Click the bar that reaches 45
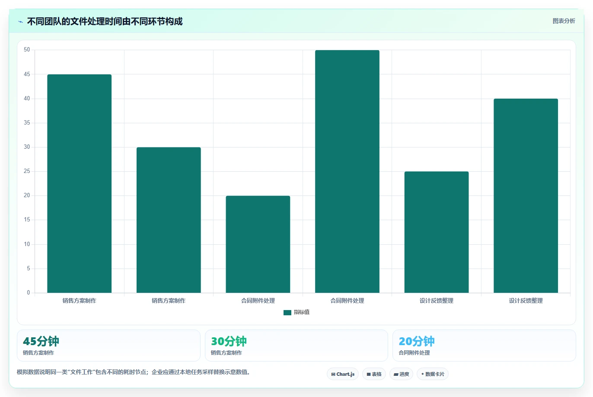pyautogui.click(x=80, y=183)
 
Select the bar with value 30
pyautogui.click(x=169, y=220)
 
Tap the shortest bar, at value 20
pyautogui.click(x=258, y=244)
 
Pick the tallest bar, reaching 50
pyautogui.click(x=347, y=171)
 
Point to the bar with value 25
pyautogui.click(x=437, y=232)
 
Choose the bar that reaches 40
pyautogui.click(x=526, y=196)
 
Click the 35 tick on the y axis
pyautogui.click(x=27, y=123)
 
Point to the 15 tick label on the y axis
pyautogui.click(x=27, y=220)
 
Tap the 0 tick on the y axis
pyautogui.click(x=29, y=292)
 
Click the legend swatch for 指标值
pyautogui.click(x=287, y=313)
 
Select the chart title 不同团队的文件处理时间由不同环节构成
pyautogui.click(x=105, y=22)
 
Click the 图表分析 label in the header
pyautogui.click(x=564, y=21)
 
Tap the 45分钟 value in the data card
pyautogui.click(x=41, y=341)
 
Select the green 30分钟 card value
pyautogui.click(x=229, y=341)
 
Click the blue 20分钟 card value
pyautogui.click(x=417, y=341)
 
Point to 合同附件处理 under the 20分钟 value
pyautogui.click(x=414, y=353)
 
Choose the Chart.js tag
pyautogui.click(x=343, y=374)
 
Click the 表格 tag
pyautogui.click(x=374, y=374)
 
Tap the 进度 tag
pyautogui.click(x=402, y=374)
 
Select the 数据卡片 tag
pyautogui.click(x=433, y=374)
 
